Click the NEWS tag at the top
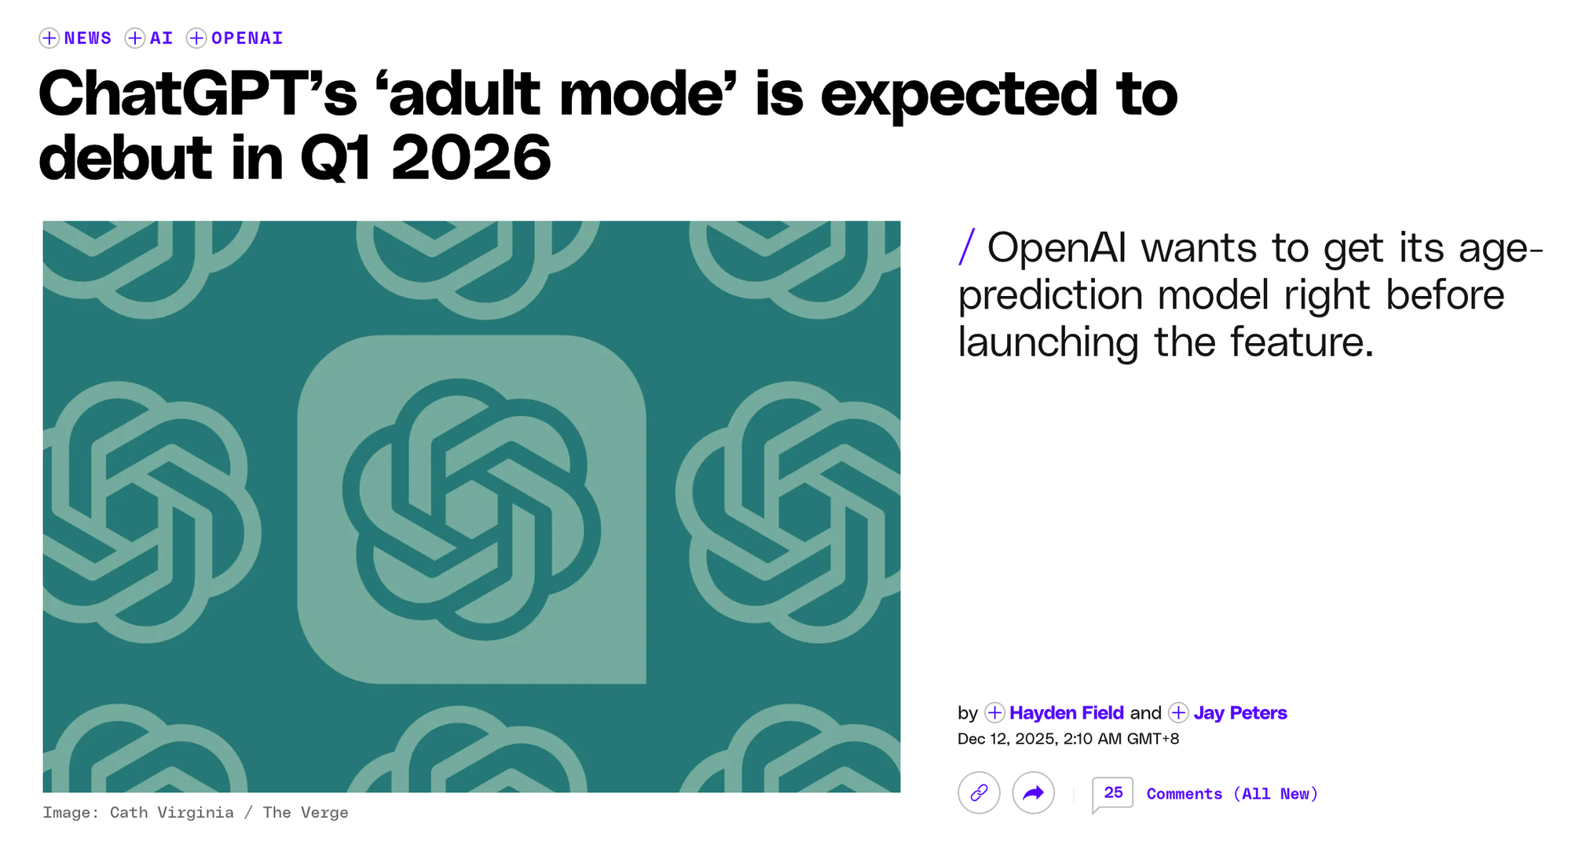point(88,38)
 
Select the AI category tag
point(161,38)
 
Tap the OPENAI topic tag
point(247,38)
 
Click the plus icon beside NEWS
point(49,38)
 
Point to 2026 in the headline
point(471,158)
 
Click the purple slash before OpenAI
point(967,247)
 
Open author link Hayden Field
point(1066,713)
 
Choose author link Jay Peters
point(1240,713)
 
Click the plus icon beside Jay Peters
point(1178,713)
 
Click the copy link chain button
point(979,793)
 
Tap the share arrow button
point(1034,793)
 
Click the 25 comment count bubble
point(1113,793)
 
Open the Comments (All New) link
point(1232,794)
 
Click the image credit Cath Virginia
point(172,813)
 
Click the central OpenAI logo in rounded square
point(471,510)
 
